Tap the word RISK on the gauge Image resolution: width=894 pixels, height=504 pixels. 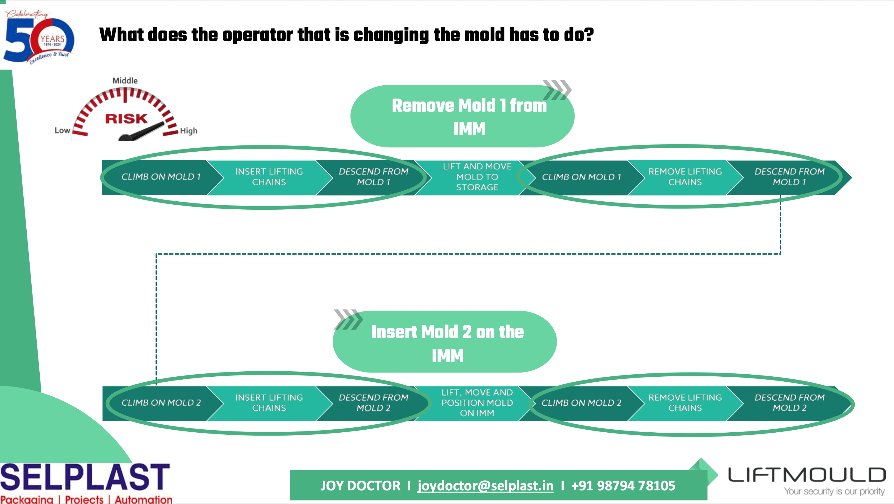[x=126, y=119]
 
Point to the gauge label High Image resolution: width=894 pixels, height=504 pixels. [x=189, y=131]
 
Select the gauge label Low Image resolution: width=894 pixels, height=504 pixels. [x=62, y=131]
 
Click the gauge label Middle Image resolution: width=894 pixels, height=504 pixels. [x=125, y=81]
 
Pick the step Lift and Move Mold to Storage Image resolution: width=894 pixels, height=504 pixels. [x=477, y=177]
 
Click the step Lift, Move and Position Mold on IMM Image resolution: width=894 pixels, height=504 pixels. [x=477, y=403]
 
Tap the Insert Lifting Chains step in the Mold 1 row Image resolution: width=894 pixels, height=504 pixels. [x=269, y=177]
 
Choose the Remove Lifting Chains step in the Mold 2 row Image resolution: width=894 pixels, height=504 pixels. [x=685, y=403]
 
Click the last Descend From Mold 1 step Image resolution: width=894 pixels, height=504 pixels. [x=789, y=177]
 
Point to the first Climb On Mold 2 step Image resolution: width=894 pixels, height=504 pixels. [x=161, y=403]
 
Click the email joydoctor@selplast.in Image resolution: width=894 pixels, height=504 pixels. [x=485, y=486]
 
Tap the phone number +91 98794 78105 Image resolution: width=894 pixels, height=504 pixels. [x=623, y=486]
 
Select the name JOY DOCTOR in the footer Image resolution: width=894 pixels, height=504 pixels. [x=360, y=486]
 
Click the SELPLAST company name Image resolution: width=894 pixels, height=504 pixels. [x=85, y=477]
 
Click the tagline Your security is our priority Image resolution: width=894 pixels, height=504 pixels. [x=834, y=492]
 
